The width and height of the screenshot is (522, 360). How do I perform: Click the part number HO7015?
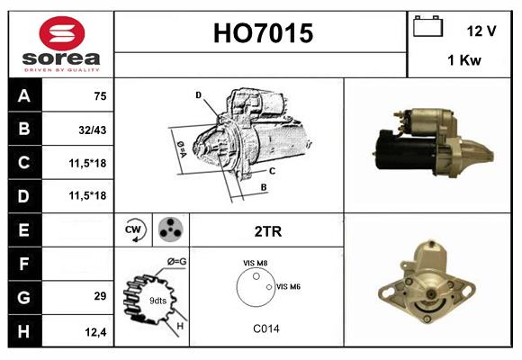262,34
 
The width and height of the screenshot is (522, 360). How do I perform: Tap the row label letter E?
23,229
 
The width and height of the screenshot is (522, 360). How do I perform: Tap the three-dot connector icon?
169,230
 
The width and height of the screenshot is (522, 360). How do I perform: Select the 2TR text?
267,231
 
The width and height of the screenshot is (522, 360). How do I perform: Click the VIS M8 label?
256,263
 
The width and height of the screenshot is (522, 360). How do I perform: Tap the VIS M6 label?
288,286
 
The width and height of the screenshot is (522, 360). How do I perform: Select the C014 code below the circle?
266,329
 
